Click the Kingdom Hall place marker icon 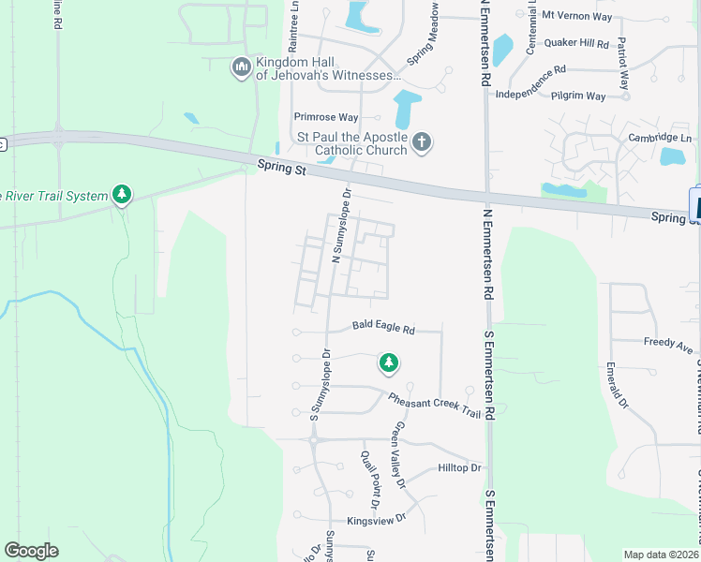[x=242, y=66]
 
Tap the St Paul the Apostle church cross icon [x=422, y=142]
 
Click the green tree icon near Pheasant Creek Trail [x=388, y=362]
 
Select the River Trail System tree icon [x=121, y=195]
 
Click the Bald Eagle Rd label [x=383, y=329]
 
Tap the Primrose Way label [x=326, y=117]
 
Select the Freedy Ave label [x=668, y=344]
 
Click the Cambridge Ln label [x=661, y=138]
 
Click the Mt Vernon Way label [x=577, y=17]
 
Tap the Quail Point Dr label [x=371, y=481]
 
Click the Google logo [x=31, y=551]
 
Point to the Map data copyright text [x=661, y=555]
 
